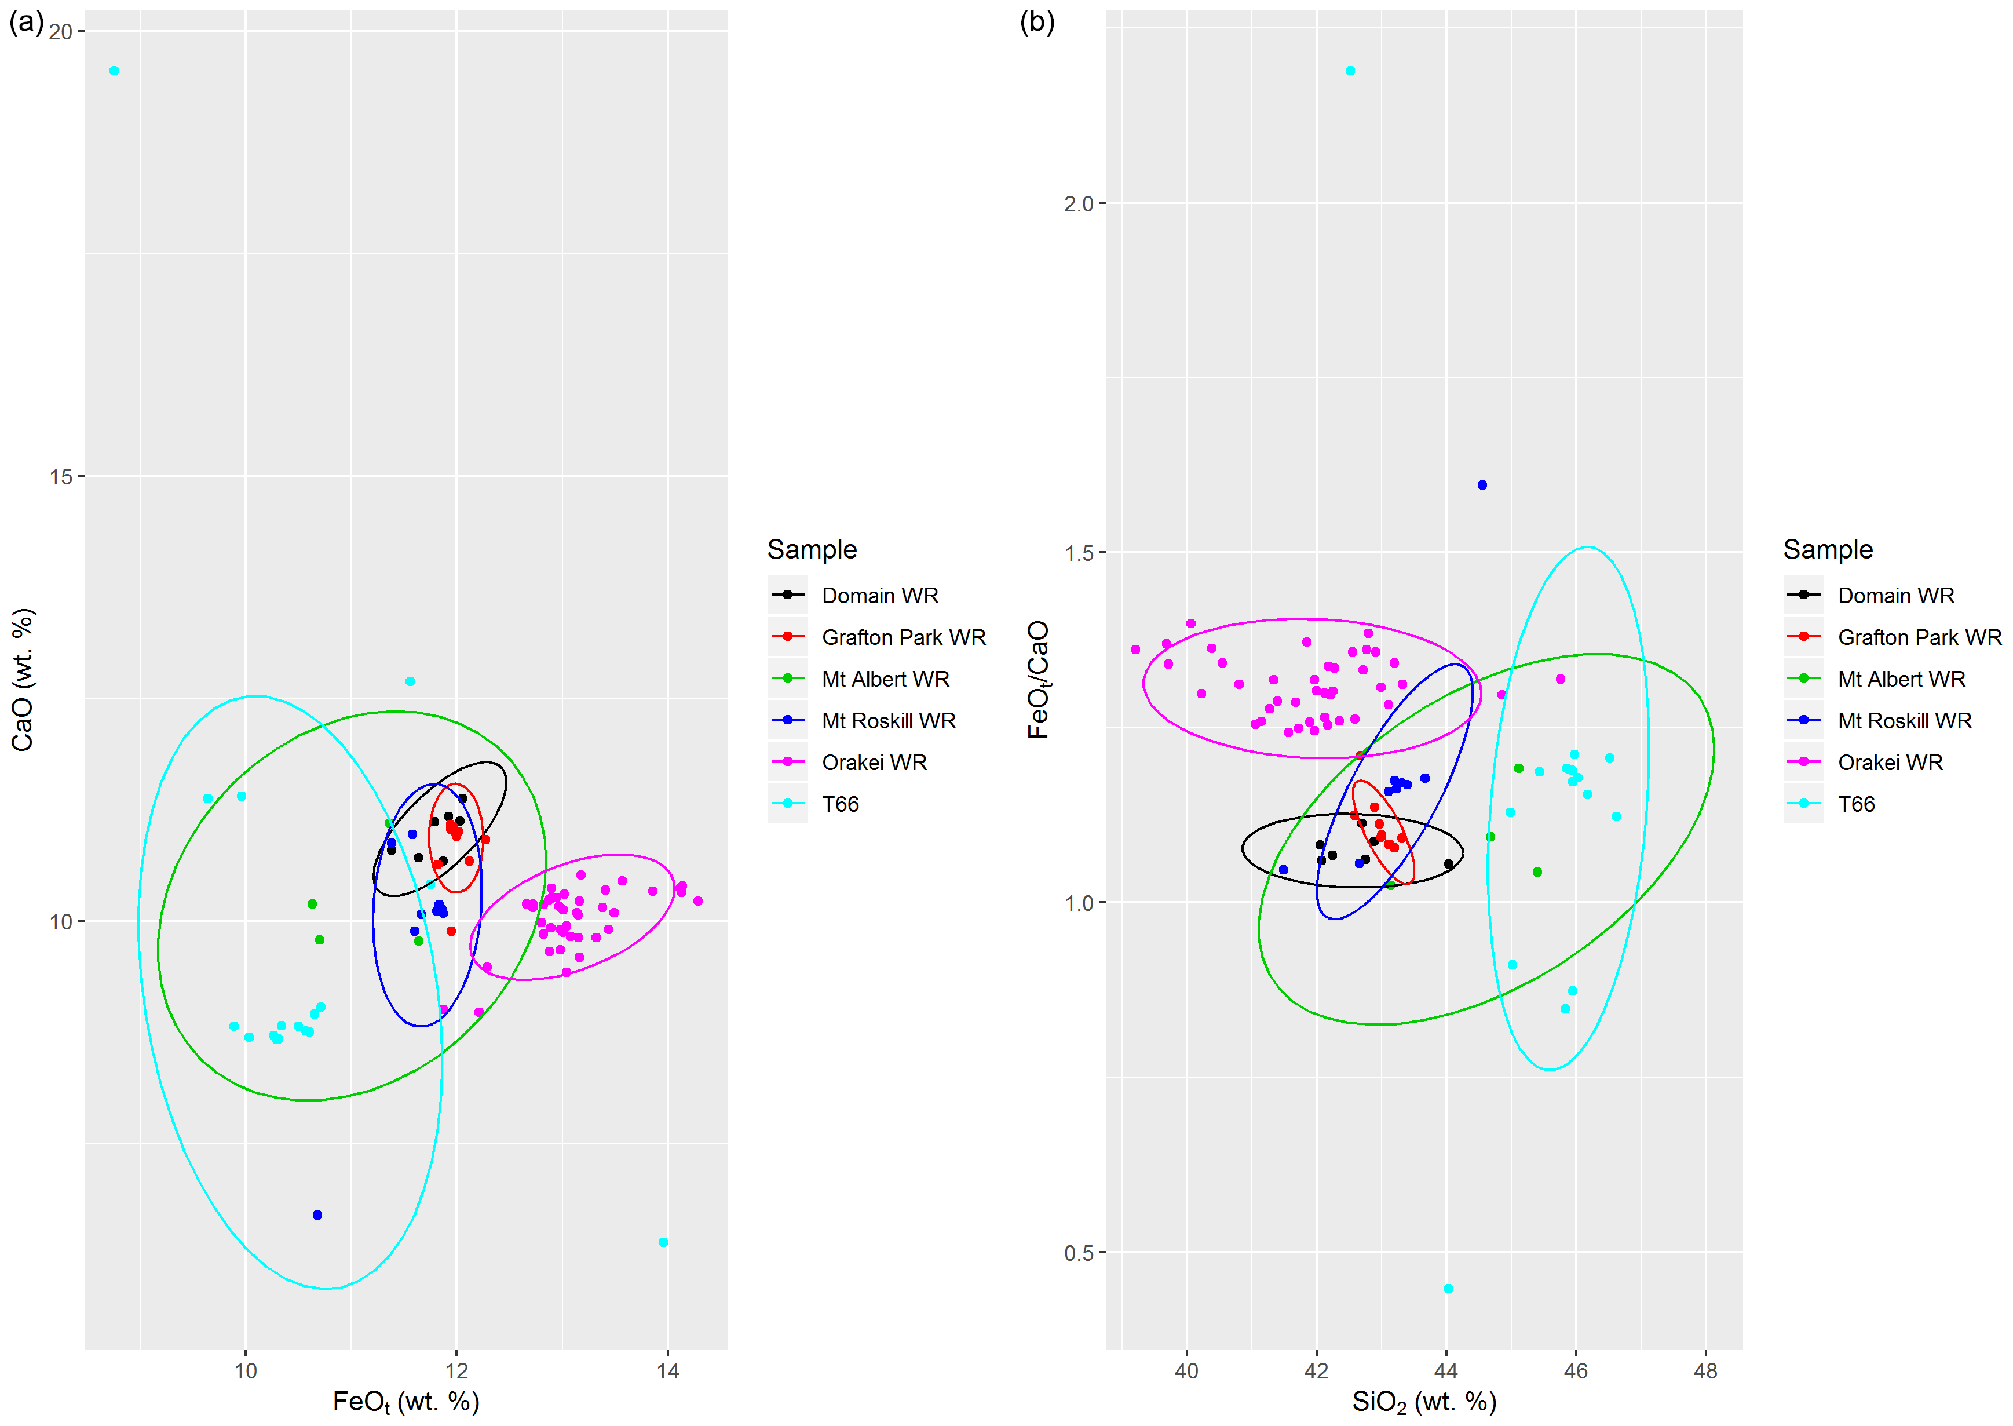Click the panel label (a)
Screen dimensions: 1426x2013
(x=25, y=22)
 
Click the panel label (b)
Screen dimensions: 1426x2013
(x=1037, y=22)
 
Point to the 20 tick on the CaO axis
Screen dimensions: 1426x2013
(x=61, y=32)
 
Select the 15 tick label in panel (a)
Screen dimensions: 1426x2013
(x=61, y=477)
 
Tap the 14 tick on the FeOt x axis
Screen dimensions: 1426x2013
(x=667, y=1371)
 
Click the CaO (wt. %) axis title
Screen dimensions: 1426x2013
(x=23, y=680)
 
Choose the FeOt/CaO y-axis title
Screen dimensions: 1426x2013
(x=1039, y=680)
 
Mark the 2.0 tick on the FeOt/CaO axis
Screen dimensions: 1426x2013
(x=1078, y=204)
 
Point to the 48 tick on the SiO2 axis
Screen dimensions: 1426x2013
(x=1705, y=1371)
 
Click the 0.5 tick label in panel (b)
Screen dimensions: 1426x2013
(x=1078, y=1253)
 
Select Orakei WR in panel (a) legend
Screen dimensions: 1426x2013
(x=874, y=762)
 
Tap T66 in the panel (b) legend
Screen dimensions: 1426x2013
(x=1856, y=804)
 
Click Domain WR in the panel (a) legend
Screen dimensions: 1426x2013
(x=880, y=595)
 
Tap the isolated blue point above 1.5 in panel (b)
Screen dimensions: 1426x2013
(x=1482, y=484)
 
